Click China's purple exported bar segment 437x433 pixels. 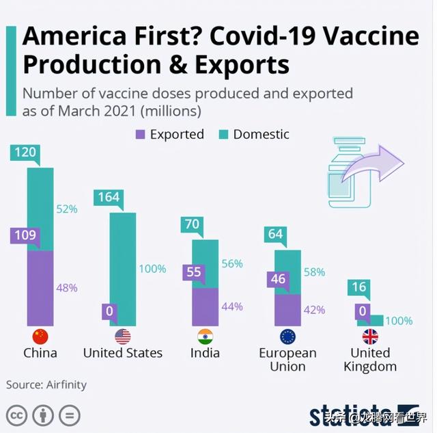[x=40, y=287]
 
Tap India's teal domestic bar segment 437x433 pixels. [x=205, y=263]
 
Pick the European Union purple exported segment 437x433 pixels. [x=287, y=309]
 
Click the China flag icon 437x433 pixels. [x=40, y=337]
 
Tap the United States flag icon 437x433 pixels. [x=123, y=337]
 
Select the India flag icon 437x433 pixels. [x=205, y=337]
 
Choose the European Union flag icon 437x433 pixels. [x=287, y=337]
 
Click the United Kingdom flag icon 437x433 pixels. [x=370, y=337]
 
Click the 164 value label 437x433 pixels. [x=109, y=198]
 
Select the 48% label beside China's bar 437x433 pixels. [x=66, y=288]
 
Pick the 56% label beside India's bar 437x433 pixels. [x=232, y=263]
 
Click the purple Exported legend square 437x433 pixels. [x=140, y=135]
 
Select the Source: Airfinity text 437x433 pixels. [x=46, y=384]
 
